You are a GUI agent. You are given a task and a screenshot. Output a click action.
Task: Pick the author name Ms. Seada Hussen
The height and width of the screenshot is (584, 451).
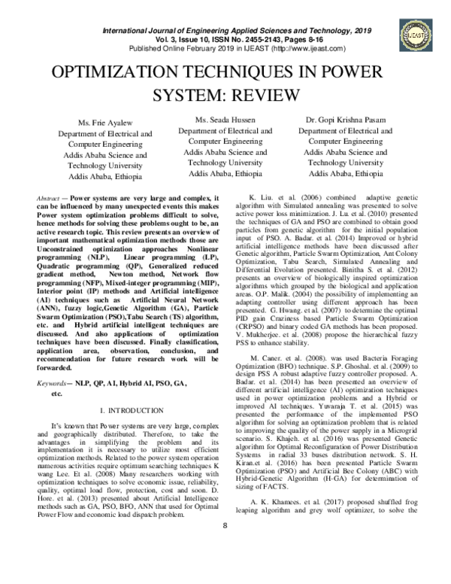pyautogui.click(x=225, y=120)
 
